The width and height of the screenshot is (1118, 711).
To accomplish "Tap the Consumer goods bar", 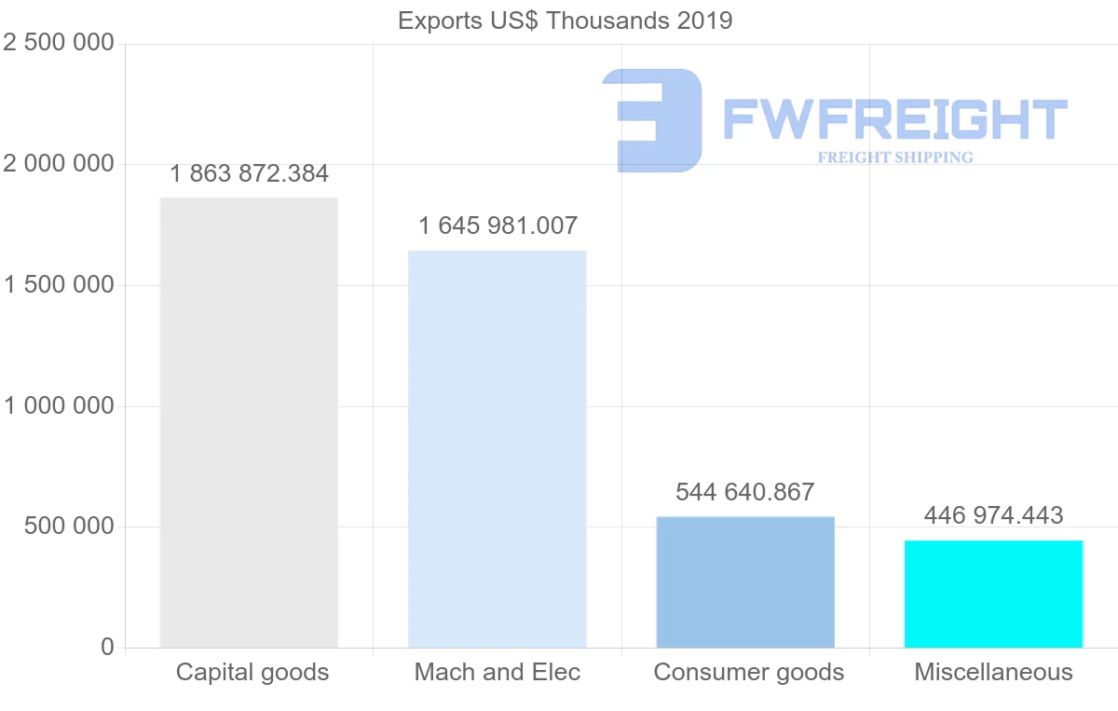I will (x=745, y=581).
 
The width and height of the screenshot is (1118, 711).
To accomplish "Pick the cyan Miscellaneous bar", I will (x=994, y=594).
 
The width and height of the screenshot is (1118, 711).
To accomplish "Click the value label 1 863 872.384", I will (x=249, y=173).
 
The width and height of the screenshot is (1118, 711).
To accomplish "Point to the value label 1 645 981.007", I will (x=498, y=226).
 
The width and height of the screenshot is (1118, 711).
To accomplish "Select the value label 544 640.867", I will (x=745, y=492).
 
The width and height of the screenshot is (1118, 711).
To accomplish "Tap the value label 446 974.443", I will (x=993, y=515).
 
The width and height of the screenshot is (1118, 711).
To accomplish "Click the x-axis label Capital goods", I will (x=252, y=672).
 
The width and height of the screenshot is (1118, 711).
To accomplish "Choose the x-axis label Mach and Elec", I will (x=498, y=672).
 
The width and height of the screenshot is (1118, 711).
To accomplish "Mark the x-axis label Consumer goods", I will (x=749, y=672).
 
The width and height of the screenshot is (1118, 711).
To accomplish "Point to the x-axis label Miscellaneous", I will (x=993, y=672).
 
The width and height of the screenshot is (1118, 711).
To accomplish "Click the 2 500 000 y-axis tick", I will (x=59, y=43).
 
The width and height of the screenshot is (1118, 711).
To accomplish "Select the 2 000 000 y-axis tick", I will (x=59, y=164).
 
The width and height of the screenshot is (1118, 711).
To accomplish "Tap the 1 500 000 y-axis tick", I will (x=59, y=285).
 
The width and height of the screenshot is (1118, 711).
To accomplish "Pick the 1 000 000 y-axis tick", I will (x=59, y=406).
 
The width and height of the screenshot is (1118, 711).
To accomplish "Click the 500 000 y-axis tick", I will (x=69, y=526).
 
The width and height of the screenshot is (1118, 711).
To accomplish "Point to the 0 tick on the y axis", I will (x=108, y=647).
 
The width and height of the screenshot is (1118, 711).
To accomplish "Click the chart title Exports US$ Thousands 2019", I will (x=565, y=21).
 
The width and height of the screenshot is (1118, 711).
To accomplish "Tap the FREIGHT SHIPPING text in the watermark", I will (x=895, y=157).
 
